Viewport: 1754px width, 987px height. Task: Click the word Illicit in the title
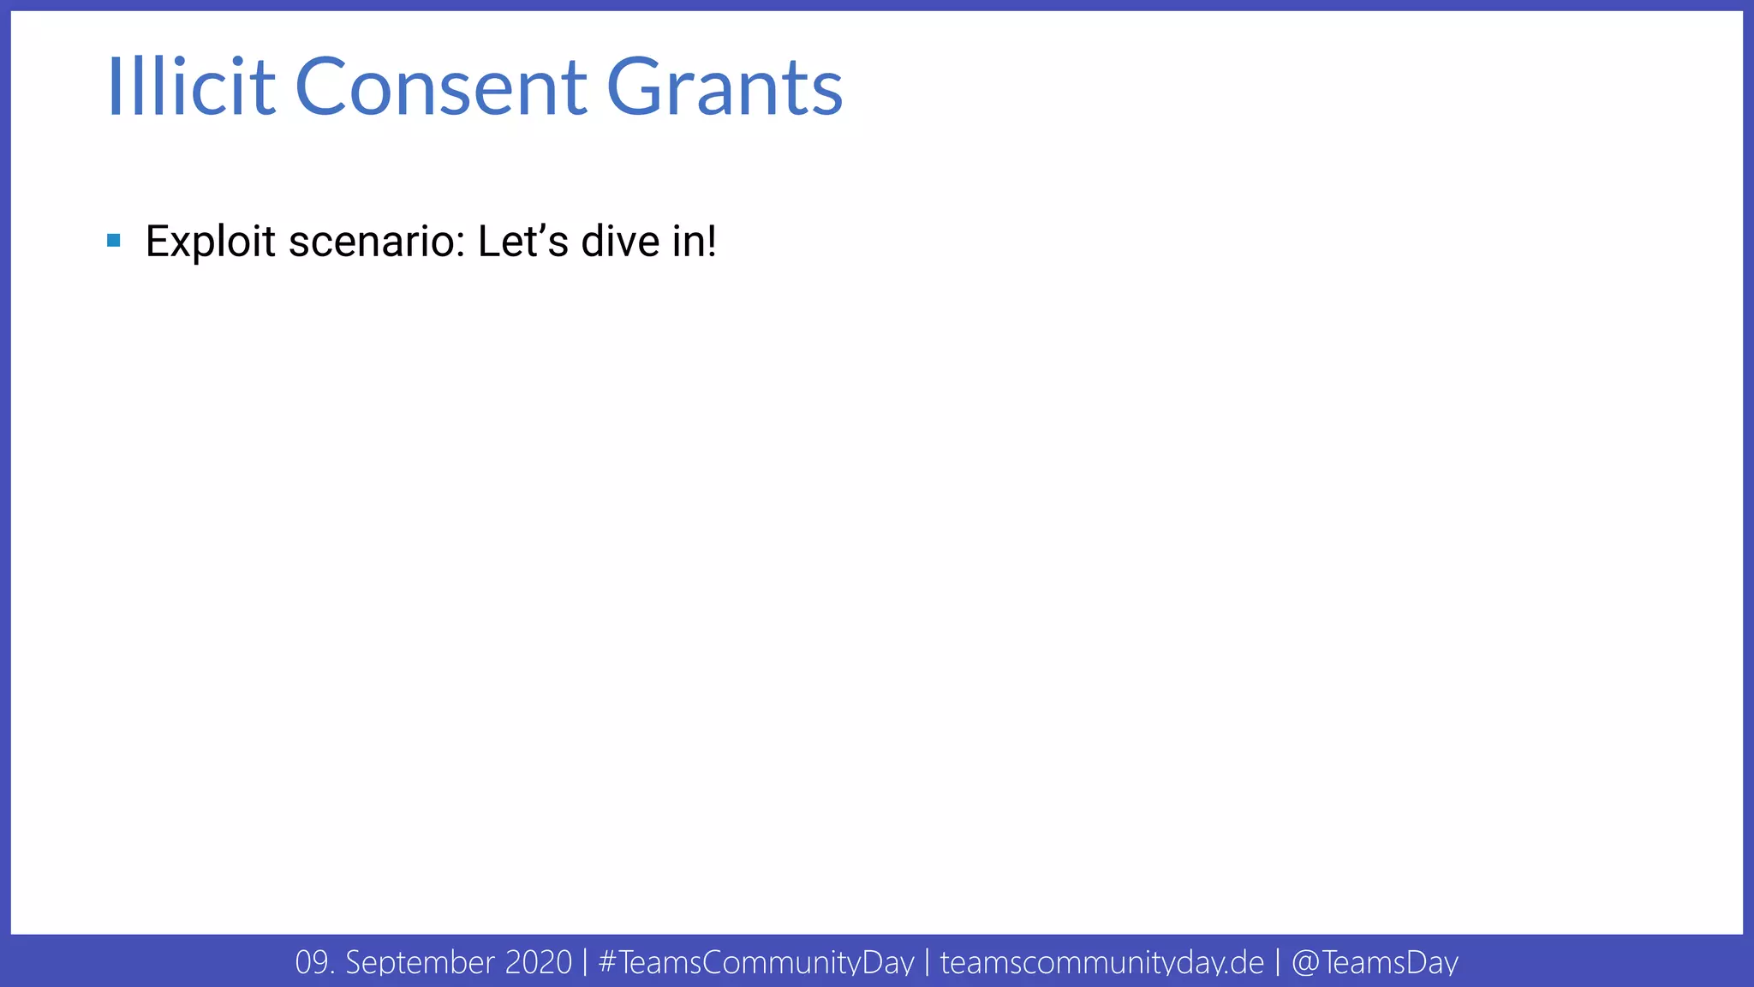pyautogui.click(x=191, y=87)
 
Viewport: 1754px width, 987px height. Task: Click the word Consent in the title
pyautogui.click(x=441, y=87)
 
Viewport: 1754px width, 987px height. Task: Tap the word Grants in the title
pyautogui.click(x=725, y=87)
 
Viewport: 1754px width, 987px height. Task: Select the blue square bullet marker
pyautogui.click(x=114, y=240)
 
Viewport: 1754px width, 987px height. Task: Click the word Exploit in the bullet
pyautogui.click(x=211, y=242)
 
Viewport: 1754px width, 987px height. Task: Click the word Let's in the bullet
pyautogui.click(x=522, y=242)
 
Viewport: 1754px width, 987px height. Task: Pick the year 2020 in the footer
pyautogui.click(x=538, y=962)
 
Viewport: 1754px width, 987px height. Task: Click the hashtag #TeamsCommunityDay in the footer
pyautogui.click(x=756, y=962)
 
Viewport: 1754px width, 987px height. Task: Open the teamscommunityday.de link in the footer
pyautogui.click(x=1101, y=962)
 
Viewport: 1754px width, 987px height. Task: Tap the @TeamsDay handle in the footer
pyautogui.click(x=1374, y=962)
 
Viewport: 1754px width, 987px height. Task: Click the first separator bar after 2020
pyautogui.click(x=585, y=962)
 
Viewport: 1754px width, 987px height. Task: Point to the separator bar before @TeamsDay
pyautogui.click(x=1278, y=962)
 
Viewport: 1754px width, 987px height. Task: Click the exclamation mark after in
pyautogui.click(x=710, y=242)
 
